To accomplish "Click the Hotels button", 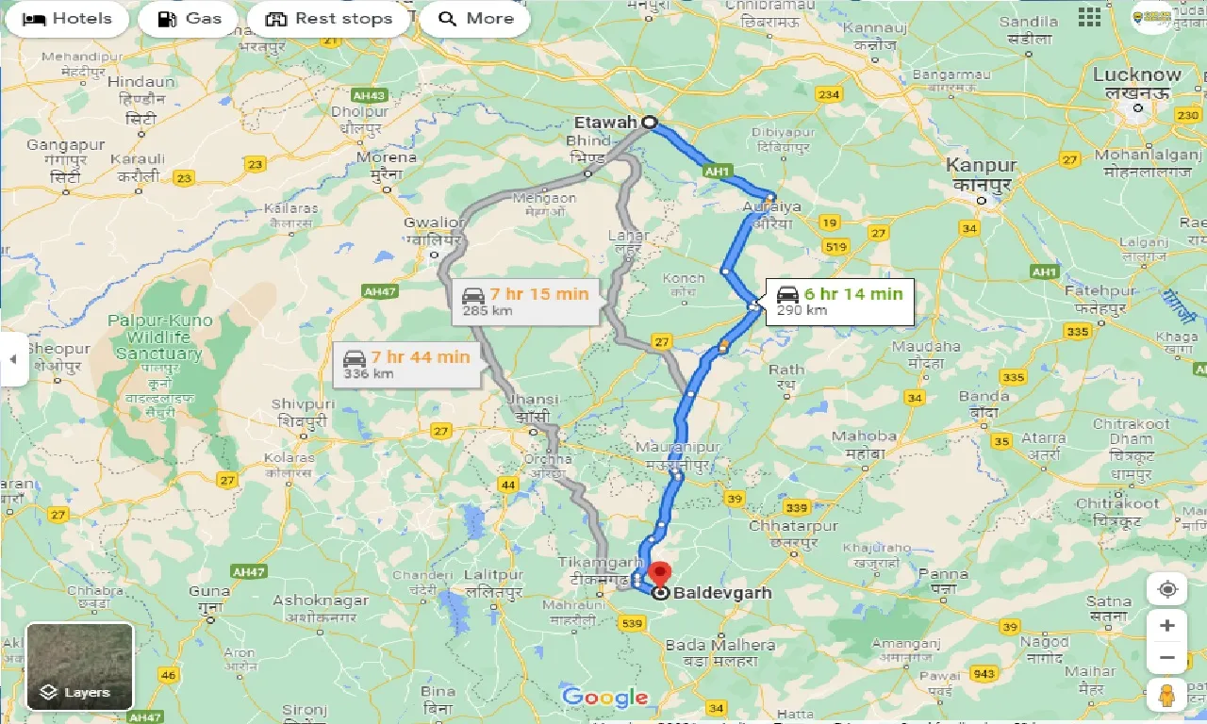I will (66, 19).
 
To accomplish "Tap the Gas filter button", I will (189, 19).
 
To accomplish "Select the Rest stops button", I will (328, 19).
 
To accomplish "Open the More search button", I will (476, 19).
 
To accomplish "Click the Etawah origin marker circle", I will (650, 122).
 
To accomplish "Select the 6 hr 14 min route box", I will (839, 301).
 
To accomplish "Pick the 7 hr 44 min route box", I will (405, 364).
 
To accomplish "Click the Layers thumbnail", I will (79, 666).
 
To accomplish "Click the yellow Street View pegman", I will (1166, 695).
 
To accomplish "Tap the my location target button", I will (1166, 589).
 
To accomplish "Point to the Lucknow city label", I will (1136, 75).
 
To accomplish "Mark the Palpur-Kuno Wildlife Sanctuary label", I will (158, 337).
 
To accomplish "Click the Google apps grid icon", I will (1089, 17).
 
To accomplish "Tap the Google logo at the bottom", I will (604, 698).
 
